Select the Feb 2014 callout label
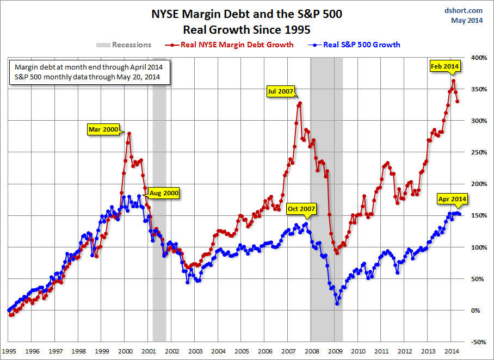tap(444, 66)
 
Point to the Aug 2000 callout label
tap(163, 193)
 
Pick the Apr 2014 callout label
tap(451, 199)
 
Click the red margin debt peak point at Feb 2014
tap(453, 81)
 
